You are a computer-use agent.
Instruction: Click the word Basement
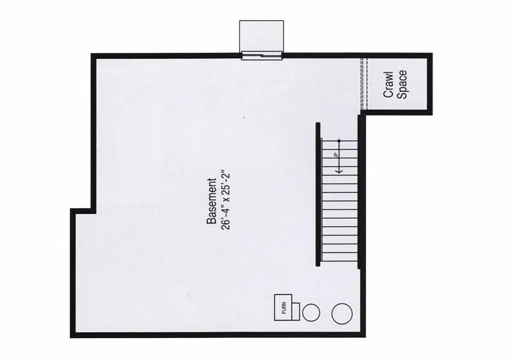click(211, 201)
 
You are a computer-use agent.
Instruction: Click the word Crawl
click(389, 85)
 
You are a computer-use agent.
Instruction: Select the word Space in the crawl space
click(402, 85)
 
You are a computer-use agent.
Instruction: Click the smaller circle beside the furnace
click(312, 313)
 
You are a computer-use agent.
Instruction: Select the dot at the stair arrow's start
click(338, 140)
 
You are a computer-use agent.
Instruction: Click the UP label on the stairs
click(334, 155)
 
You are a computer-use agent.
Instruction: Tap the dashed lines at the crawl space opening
click(363, 84)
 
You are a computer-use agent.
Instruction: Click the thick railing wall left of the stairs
click(317, 194)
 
